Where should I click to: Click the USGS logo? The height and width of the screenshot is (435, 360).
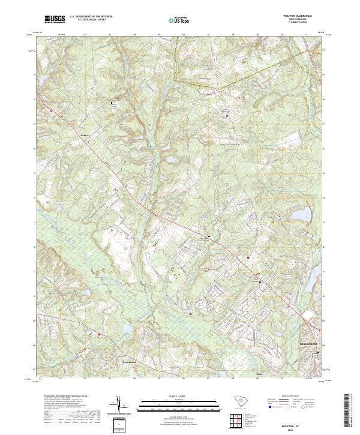[x=54, y=19]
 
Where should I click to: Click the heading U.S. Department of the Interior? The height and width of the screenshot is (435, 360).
[x=90, y=17]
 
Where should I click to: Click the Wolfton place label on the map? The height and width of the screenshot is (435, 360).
[x=85, y=136]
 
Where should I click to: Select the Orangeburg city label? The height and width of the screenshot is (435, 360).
[x=308, y=345]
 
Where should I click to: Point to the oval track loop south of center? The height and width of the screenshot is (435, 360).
[x=190, y=313]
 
